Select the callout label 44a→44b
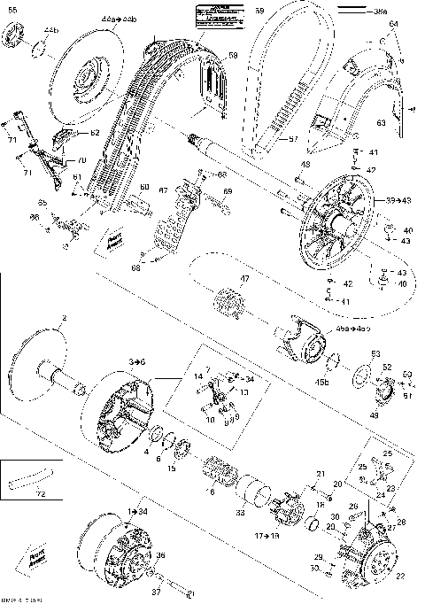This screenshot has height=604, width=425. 115,18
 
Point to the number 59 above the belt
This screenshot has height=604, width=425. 259,11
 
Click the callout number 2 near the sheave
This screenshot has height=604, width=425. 63,317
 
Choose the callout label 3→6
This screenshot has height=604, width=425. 137,362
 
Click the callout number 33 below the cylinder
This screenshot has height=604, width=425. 241,512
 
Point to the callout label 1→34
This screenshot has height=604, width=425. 138,512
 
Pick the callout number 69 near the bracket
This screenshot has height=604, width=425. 227,191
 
